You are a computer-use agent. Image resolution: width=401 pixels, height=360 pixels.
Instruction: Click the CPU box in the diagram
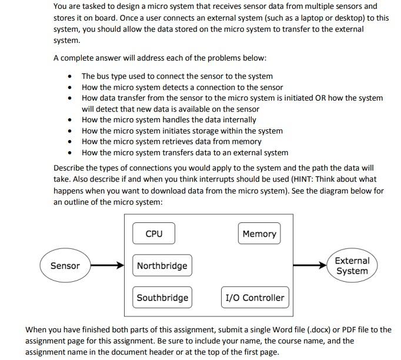(x=153, y=234)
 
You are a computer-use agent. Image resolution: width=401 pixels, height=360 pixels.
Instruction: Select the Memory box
(x=259, y=234)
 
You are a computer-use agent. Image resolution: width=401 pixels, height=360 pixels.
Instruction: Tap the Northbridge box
(x=162, y=266)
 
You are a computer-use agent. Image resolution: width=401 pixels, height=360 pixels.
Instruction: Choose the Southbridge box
(x=162, y=298)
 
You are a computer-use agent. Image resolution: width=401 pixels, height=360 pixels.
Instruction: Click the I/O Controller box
(x=255, y=298)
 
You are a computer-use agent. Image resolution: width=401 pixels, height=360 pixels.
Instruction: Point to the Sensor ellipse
(x=65, y=266)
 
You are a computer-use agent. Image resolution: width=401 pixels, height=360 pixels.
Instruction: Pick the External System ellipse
(x=352, y=266)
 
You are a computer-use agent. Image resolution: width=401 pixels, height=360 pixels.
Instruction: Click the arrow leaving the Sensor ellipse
(x=107, y=266)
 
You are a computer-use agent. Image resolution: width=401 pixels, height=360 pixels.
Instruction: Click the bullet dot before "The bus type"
(x=71, y=76)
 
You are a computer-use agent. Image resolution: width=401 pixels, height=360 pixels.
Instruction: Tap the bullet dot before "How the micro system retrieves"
(x=71, y=142)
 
